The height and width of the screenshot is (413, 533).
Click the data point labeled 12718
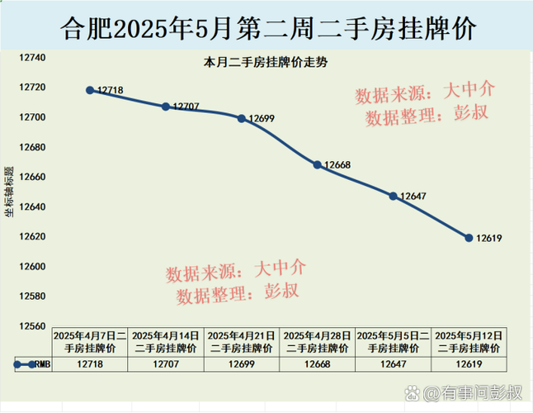pyautogui.click(x=89, y=90)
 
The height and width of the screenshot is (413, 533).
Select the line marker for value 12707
pyautogui.click(x=165, y=107)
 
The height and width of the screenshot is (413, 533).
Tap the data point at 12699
pyautogui.click(x=241, y=118)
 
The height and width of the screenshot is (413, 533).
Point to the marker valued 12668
pyautogui.click(x=317, y=164)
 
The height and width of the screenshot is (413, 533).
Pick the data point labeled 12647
pyautogui.click(x=393, y=196)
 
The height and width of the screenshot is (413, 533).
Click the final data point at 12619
pyautogui.click(x=469, y=238)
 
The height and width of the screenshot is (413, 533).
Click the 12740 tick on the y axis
pyautogui.click(x=33, y=59)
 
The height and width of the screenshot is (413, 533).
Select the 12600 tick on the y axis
pyautogui.click(x=33, y=267)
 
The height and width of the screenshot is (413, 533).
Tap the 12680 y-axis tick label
pyautogui.click(x=33, y=148)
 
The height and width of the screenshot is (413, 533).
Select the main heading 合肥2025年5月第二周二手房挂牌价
pyautogui.click(x=267, y=28)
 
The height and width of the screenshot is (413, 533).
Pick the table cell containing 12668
pyautogui.click(x=317, y=364)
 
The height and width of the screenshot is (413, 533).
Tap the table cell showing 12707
pyautogui.click(x=165, y=364)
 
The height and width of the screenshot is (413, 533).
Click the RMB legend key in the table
pyautogui.click(x=25, y=364)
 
